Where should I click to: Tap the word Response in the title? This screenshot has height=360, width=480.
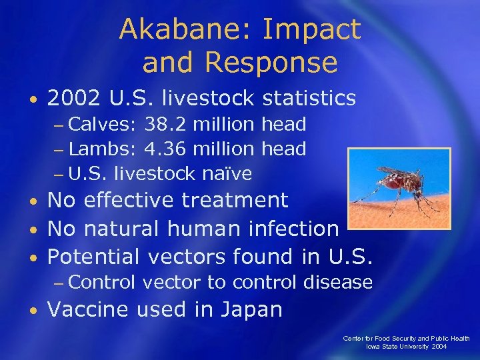coord(271,63)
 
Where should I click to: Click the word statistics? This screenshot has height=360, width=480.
coord(309,99)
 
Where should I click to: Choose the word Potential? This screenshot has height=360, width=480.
coord(95,257)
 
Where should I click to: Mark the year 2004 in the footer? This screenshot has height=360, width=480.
coord(439,347)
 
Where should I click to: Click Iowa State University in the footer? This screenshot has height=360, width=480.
coord(398,347)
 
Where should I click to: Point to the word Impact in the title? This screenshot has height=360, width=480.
coord(313,30)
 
